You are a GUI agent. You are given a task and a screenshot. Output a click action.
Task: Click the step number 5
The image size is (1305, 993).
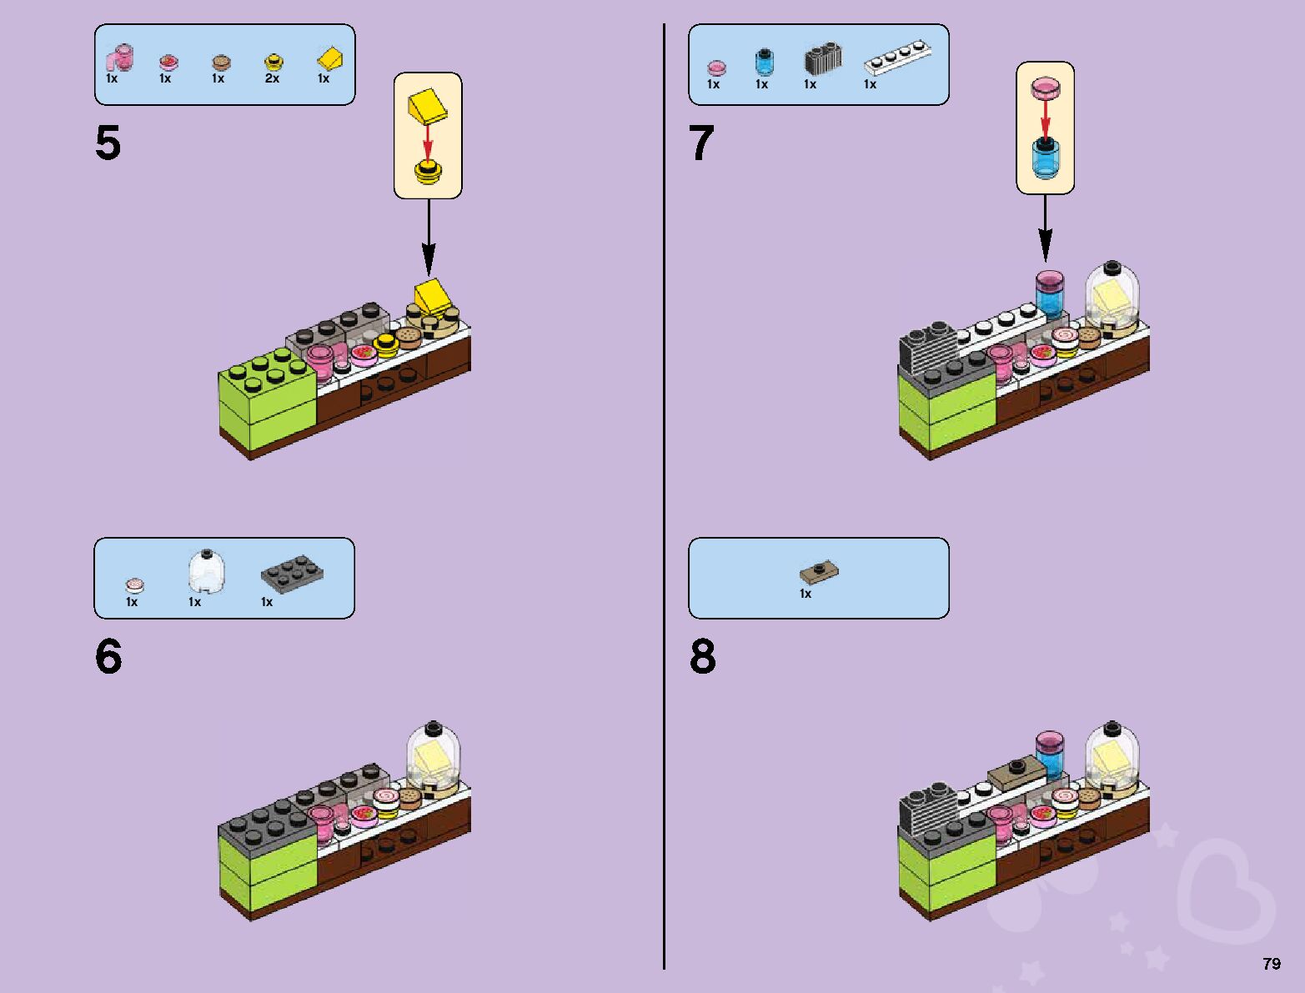(x=108, y=143)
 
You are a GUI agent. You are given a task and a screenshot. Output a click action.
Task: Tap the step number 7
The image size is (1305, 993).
(x=701, y=143)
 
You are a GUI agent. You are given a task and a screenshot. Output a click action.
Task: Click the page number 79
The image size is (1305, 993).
(x=1271, y=964)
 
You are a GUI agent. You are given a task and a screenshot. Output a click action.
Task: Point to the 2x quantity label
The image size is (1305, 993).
(x=272, y=78)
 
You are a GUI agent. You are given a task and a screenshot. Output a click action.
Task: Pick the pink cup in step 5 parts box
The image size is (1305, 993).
(x=118, y=58)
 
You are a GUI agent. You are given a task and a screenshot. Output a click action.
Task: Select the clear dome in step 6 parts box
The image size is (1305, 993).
(x=206, y=571)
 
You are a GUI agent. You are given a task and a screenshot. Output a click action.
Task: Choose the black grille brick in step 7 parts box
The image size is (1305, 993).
(x=822, y=58)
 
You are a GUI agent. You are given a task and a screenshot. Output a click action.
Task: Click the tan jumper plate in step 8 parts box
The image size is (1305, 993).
(x=819, y=572)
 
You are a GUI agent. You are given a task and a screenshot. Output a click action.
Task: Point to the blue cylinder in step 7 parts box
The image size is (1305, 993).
(x=764, y=62)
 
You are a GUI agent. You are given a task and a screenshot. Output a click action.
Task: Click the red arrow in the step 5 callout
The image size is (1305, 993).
(x=428, y=141)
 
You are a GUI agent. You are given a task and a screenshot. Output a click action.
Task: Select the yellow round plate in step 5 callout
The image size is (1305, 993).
(x=428, y=173)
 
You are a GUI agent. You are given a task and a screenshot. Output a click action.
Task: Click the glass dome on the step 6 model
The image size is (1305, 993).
(x=434, y=750)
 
